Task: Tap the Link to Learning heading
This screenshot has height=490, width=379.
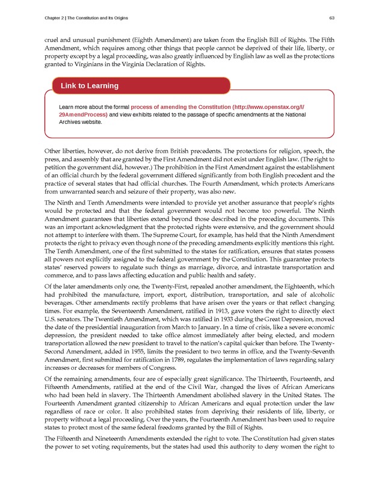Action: coord(90,86)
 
